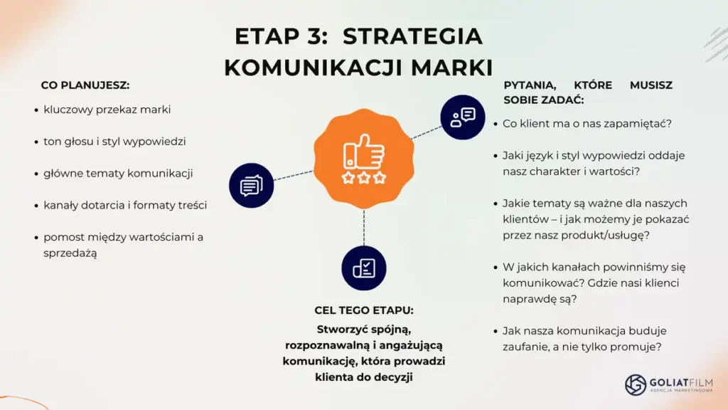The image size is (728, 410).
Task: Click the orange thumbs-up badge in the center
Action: coord(363,159)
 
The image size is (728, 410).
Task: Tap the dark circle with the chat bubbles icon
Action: coord(251,186)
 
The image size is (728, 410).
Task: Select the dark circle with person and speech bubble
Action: coord(462,117)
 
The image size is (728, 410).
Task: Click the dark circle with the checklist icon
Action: coord(363,268)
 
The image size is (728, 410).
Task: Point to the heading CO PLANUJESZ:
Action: coord(85,85)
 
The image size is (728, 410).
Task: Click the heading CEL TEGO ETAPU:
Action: coord(363,310)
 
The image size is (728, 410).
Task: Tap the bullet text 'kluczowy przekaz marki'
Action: coord(107,110)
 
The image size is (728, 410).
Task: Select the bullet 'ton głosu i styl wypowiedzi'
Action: coord(114,142)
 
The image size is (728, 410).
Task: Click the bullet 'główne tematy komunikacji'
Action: coord(118,174)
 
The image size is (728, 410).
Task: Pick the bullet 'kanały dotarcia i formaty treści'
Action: coord(125,205)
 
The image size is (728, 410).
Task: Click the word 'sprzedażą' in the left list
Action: coord(70,253)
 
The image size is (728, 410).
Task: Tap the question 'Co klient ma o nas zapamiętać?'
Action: coord(587,124)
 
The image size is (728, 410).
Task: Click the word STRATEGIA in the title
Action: coord(412,36)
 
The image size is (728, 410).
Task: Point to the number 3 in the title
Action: coord(314,36)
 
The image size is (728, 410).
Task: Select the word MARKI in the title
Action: coord(451,68)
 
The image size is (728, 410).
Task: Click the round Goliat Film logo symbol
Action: coord(635,384)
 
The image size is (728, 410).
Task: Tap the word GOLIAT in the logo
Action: coord(669,382)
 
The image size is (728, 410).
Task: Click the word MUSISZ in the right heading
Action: coord(651,85)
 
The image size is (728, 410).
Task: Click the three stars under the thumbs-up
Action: coord(363,177)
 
